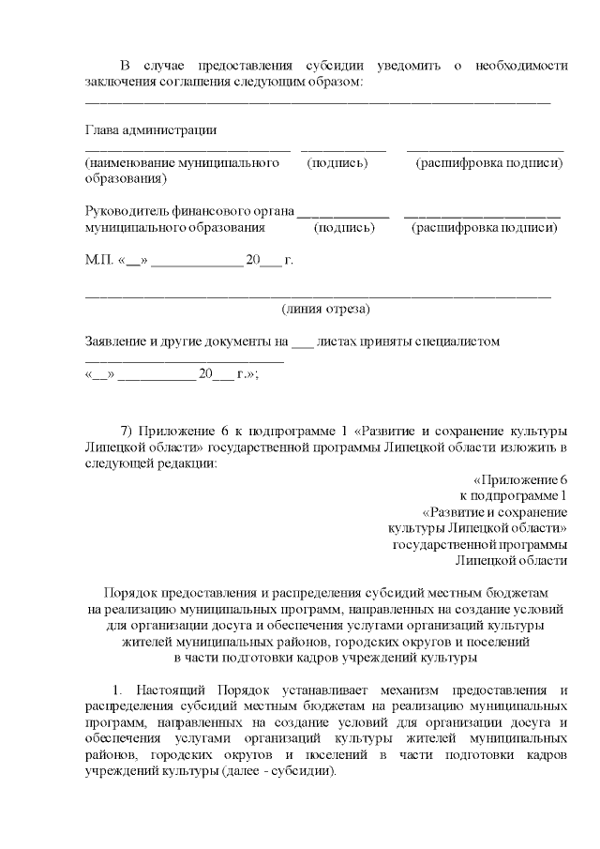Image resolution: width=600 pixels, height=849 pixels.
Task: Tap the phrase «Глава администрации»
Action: pyautogui.click(x=151, y=129)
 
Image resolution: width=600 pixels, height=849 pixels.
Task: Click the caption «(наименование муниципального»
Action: pyautogui.click(x=182, y=163)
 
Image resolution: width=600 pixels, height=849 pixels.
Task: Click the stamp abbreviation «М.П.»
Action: pyautogui.click(x=98, y=260)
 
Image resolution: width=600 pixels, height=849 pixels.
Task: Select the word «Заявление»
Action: pyautogui.click(x=117, y=341)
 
